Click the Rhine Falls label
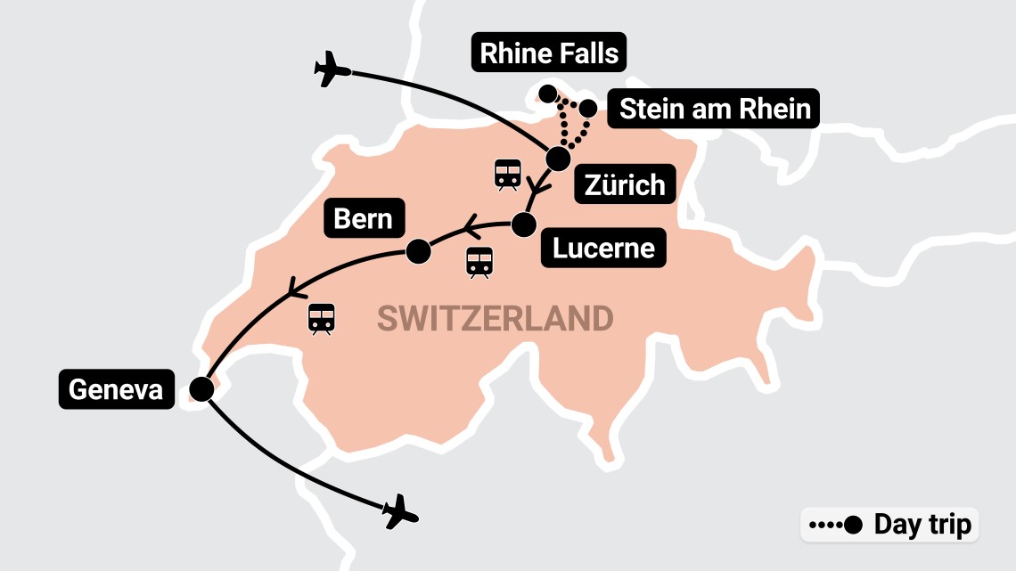[549, 53]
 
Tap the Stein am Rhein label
[715, 110]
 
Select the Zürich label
[625, 185]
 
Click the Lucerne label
[603, 248]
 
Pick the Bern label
[364, 218]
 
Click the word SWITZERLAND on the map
[495, 318]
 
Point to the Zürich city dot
[558, 159]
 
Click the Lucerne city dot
[524, 224]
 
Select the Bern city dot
[418, 252]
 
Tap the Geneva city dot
[201, 389]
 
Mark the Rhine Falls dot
[548, 94]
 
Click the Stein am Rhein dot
[589, 109]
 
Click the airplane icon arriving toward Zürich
[333, 69]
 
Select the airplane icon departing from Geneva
[400, 511]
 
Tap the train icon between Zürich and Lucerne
[508, 175]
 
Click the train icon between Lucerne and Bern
[479, 262]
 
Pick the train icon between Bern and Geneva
[321, 318]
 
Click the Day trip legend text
[922, 525]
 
